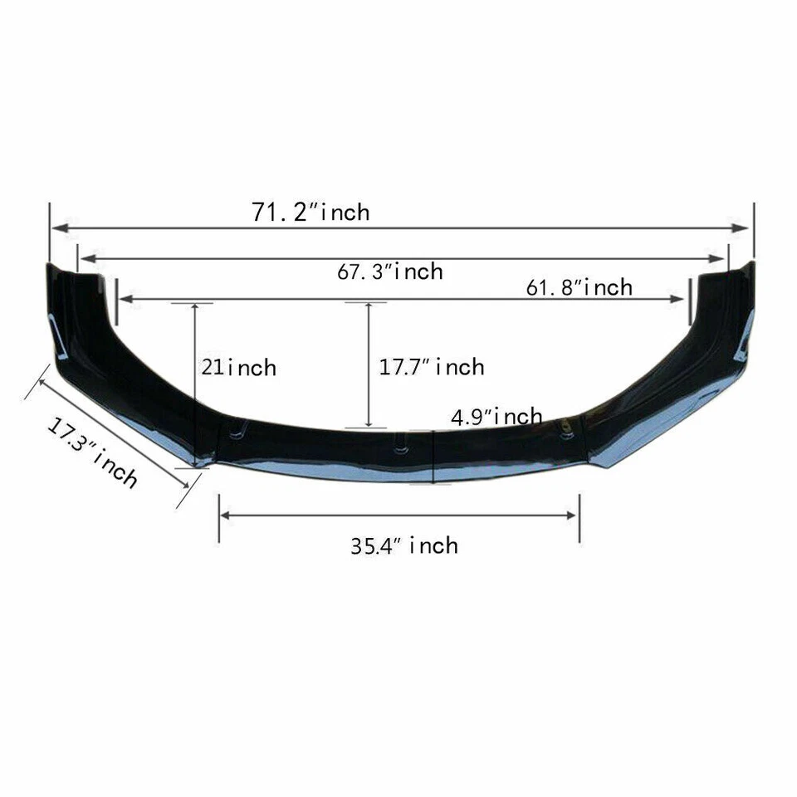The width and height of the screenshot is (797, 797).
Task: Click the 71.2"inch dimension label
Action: (x=310, y=212)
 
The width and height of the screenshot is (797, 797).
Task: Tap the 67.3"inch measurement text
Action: (x=389, y=271)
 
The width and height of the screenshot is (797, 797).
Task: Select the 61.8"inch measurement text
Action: (x=579, y=287)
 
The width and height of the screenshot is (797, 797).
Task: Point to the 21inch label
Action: (x=239, y=367)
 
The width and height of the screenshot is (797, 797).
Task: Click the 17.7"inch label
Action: (x=432, y=366)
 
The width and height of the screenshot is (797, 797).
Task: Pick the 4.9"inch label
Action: (x=496, y=416)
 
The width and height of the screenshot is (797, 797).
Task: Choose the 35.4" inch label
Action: (x=403, y=545)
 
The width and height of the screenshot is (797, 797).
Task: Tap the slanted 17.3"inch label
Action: (x=91, y=453)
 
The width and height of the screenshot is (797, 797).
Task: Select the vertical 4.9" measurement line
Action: (x=433, y=457)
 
